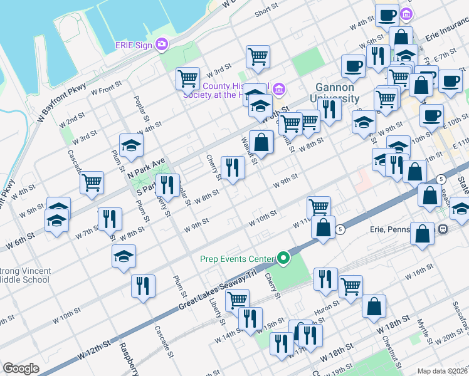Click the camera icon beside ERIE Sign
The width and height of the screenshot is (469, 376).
click(162, 44)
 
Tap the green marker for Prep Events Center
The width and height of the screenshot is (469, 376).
click(283, 258)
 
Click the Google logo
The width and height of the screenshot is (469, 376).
click(21, 368)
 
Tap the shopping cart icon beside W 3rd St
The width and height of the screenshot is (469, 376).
click(187, 78)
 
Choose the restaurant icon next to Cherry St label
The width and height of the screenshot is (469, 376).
click(233, 167)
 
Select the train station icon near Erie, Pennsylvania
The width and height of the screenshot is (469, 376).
click(443, 229)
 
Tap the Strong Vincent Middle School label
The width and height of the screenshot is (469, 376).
click(25, 275)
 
